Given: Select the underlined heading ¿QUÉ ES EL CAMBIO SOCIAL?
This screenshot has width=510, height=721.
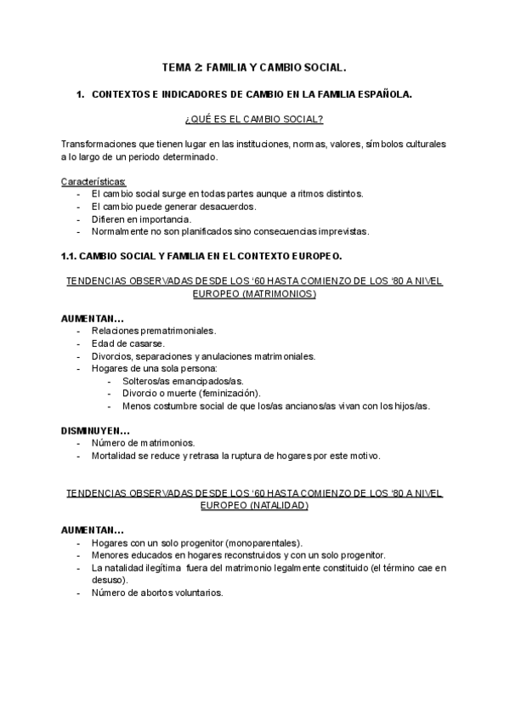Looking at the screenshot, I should pyautogui.click(x=253, y=120).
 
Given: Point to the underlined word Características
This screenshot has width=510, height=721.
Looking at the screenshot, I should pyautogui.click(x=93, y=181).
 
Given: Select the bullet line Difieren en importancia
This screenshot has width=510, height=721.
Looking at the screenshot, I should pyautogui.click(x=135, y=219).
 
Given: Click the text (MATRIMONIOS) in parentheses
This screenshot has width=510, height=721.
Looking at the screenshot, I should pyautogui.click(x=253, y=293).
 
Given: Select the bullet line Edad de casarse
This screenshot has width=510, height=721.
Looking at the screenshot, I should pyautogui.click(x=127, y=343).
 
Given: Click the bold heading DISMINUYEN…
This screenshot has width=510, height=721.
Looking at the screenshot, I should pyautogui.click(x=95, y=430).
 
